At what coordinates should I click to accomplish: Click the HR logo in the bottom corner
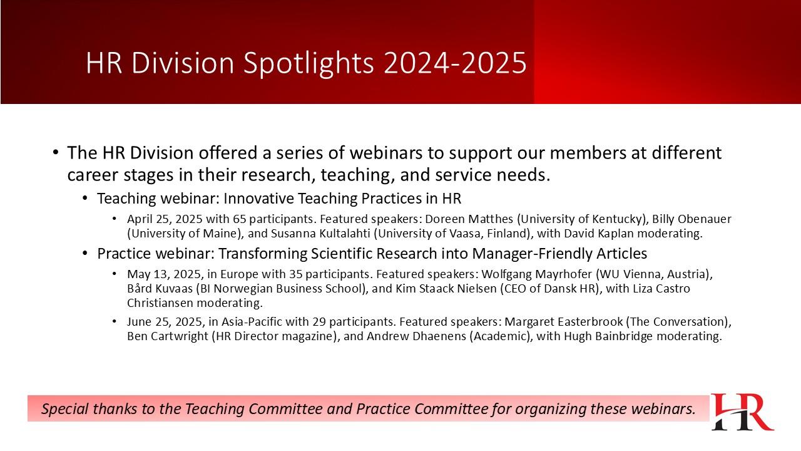click(x=742, y=412)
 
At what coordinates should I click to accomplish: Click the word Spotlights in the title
click(x=309, y=63)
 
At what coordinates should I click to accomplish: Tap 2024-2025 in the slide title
click(x=455, y=63)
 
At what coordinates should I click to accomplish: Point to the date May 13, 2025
click(x=165, y=274)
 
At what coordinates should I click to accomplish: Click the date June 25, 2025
click(x=166, y=322)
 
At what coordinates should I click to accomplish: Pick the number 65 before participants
click(x=240, y=219)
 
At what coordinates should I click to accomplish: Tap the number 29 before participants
click(x=319, y=322)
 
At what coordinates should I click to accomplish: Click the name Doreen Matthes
click(x=469, y=219)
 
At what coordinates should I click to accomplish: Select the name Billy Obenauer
click(x=691, y=219)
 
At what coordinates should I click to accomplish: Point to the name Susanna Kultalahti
click(x=320, y=234)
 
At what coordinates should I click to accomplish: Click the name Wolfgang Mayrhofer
click(x=537, y=274)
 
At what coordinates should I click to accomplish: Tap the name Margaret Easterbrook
click(x=564, y=322)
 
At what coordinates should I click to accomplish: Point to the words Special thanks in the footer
click(x=89, y=409)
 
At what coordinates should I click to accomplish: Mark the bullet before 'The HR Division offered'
click(x=56, y=152)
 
